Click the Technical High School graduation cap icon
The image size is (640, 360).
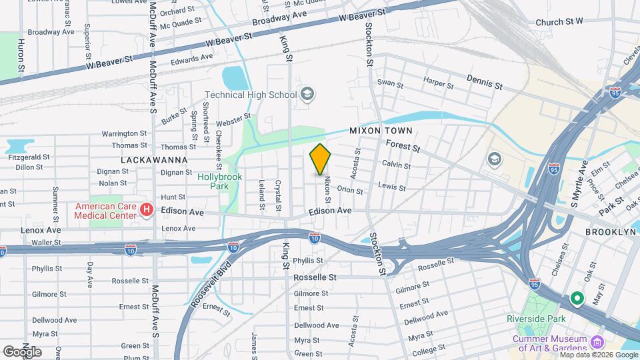click(307, 95)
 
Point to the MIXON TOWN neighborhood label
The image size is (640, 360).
click(381, 131)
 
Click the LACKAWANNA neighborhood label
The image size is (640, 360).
click(154, 161)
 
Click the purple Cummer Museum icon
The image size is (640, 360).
click(597, 343)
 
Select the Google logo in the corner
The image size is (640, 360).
click(22, 351)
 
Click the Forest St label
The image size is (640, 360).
click(403, 146)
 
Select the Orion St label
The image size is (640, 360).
click(350, 190)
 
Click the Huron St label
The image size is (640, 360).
click(21, 56)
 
